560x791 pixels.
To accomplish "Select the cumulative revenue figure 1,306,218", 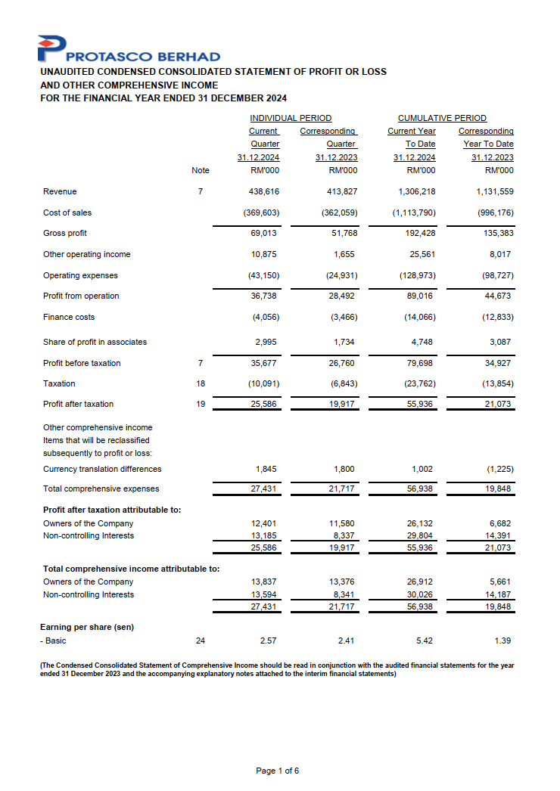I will tap(417, 192).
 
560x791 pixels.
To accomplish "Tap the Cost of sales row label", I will tap(67, 213).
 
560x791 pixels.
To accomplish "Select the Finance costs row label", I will tap(69, 318).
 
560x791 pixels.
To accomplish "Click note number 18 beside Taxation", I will tap(201, 384).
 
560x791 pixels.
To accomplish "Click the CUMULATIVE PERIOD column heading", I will tap(442, 118).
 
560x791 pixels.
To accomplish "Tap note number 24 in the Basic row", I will tap(201, 641).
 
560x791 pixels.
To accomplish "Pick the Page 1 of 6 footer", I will tap(278, 771).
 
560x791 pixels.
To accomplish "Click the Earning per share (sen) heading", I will tap(87, 627).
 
